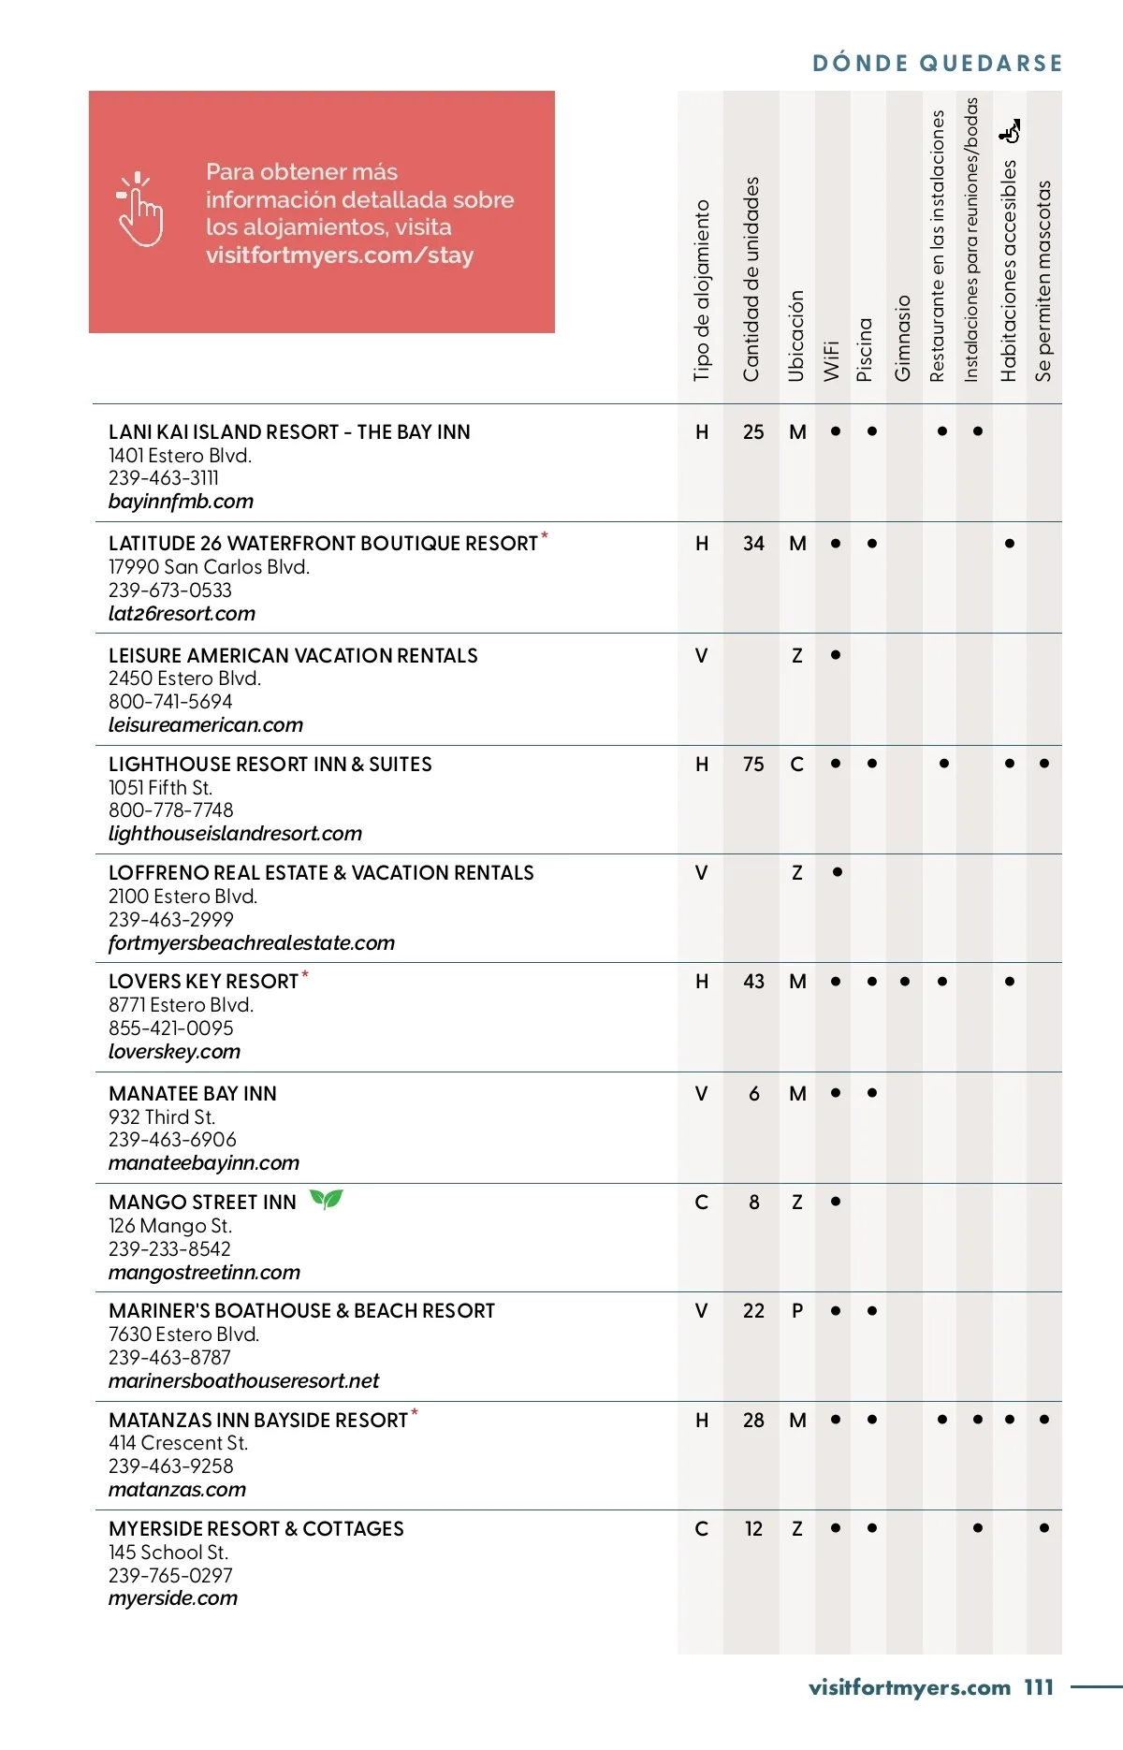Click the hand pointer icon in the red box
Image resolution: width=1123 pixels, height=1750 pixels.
pyautogui.click(x=140, y=210)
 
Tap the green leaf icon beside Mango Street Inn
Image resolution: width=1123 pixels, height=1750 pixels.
pyautogui.click(x=327, y=1199)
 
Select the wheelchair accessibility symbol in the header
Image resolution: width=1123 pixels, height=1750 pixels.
pyautogui.click(x=1010, y=132)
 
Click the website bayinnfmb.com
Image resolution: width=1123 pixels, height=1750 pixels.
pyautogui.click(x=181, y=502)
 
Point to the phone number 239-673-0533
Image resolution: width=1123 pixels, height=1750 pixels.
pyautogui.click(x=170, y=591)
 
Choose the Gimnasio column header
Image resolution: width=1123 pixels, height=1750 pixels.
pyautogui.click(x=903, y=338)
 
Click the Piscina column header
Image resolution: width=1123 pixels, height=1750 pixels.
pyautogui.click(x=866, y=349)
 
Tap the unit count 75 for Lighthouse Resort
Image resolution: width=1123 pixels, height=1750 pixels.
pyautogui.click(x=753, y=765)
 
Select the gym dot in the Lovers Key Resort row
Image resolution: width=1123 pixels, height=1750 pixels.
pyautogui.click(x=905, y=982)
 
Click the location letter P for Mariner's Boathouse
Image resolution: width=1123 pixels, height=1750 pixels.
pyautogui.click(x=797, y=1311)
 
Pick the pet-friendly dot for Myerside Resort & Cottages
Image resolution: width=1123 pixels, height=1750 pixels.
pyautogui.click(x=1044, y=1528)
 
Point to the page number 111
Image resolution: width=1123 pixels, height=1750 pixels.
pyautogui.click(x=1039, y=1688)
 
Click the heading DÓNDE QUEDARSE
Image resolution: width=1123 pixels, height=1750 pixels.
pyautogui.click(x=938, y=64)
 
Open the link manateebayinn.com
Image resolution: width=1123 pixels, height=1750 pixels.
pyautogui.click(x=204, y=1163)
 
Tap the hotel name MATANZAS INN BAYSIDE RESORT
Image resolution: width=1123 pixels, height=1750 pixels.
pyautogui.click(x=258, y=1421)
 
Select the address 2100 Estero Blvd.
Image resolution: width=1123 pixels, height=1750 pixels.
pyautogui.click(x=182, y=897)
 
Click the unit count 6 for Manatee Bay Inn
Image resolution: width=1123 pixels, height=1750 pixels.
pyautogui.click(x=754, y=1094)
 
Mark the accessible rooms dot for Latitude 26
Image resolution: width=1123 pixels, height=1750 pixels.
pyautogui.click(x=1010, y=544)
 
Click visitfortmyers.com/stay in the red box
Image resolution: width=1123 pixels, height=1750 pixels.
pyautogui.click(x=340, y=255)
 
